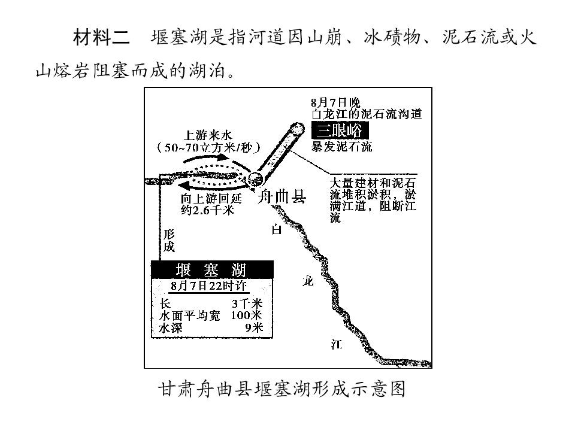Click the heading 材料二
tap(101, 37)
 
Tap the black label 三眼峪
tap(340, 130)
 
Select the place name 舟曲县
tap(282, 197)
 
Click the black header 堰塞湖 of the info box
tap(212, 270)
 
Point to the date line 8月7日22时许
tap(209, 286)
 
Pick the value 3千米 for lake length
tap(247, 303)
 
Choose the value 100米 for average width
tap(246, 315)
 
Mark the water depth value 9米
tap(255, 327)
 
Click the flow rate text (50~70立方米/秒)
tap(208, 147)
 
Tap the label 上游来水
tap(208, 135)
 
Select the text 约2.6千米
tap(207, 210)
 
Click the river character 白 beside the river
tap(277, 229)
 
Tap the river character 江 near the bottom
tap(336, 345)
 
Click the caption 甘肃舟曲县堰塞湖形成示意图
tap(282, 389)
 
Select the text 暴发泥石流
tap(341, 147)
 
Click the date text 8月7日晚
tap(335, 102)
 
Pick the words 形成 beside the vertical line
tap(169, 240)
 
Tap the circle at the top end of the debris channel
tap(296, 129)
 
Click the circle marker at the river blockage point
tap(256, 179)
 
